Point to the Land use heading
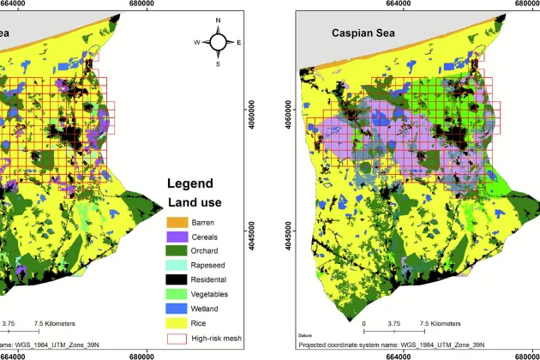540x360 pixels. (x=194, y=202)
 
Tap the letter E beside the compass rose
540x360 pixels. (x=238, y=41)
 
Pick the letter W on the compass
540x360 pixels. (x=196, y=41)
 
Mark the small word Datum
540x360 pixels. (x=307, y=336)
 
